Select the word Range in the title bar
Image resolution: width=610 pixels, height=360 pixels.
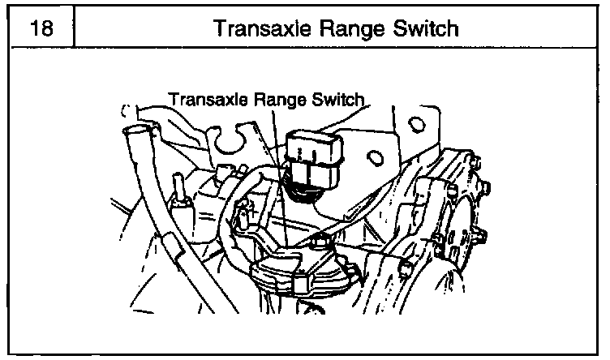(x=345, y=29)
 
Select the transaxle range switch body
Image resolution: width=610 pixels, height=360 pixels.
(x=292, y=272)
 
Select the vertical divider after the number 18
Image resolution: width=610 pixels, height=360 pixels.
(x=74, y=30)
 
